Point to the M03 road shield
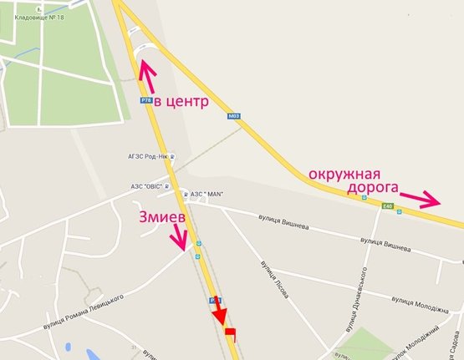[233, 116]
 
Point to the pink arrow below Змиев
[181, 239]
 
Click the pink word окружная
[344, 173]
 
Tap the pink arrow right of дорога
[420, 199]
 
